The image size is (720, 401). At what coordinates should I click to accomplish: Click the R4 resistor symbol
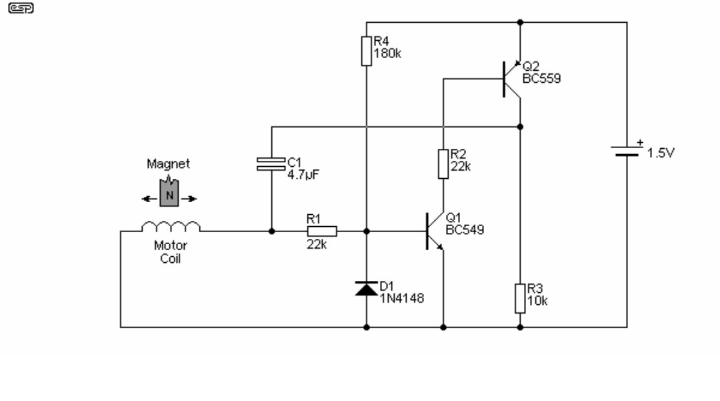367,51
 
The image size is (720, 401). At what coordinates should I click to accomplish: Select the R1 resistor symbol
322,232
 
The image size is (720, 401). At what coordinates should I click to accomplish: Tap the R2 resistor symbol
443,164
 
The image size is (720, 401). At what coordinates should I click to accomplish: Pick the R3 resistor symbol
520,298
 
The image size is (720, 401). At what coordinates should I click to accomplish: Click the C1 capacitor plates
271,164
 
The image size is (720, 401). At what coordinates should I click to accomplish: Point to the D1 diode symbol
367,288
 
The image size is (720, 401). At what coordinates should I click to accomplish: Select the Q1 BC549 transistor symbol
435,232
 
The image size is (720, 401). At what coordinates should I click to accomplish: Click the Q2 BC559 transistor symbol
511,79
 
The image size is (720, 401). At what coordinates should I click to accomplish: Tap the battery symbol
627,151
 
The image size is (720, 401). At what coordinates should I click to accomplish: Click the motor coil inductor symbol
171,226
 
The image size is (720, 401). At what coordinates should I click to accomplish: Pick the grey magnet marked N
169,192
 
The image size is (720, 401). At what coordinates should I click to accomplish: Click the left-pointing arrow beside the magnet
149,199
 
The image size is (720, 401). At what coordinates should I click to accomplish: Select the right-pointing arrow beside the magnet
189,199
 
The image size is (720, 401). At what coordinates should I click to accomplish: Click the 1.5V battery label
661,153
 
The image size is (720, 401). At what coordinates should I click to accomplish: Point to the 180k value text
387,54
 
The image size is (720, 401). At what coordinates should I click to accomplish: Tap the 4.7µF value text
303,175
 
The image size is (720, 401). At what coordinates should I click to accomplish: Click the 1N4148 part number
402,298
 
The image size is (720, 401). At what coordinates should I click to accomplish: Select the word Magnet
168,164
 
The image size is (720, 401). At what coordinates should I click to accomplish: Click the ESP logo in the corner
21,8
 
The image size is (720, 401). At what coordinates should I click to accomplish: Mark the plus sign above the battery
640,142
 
